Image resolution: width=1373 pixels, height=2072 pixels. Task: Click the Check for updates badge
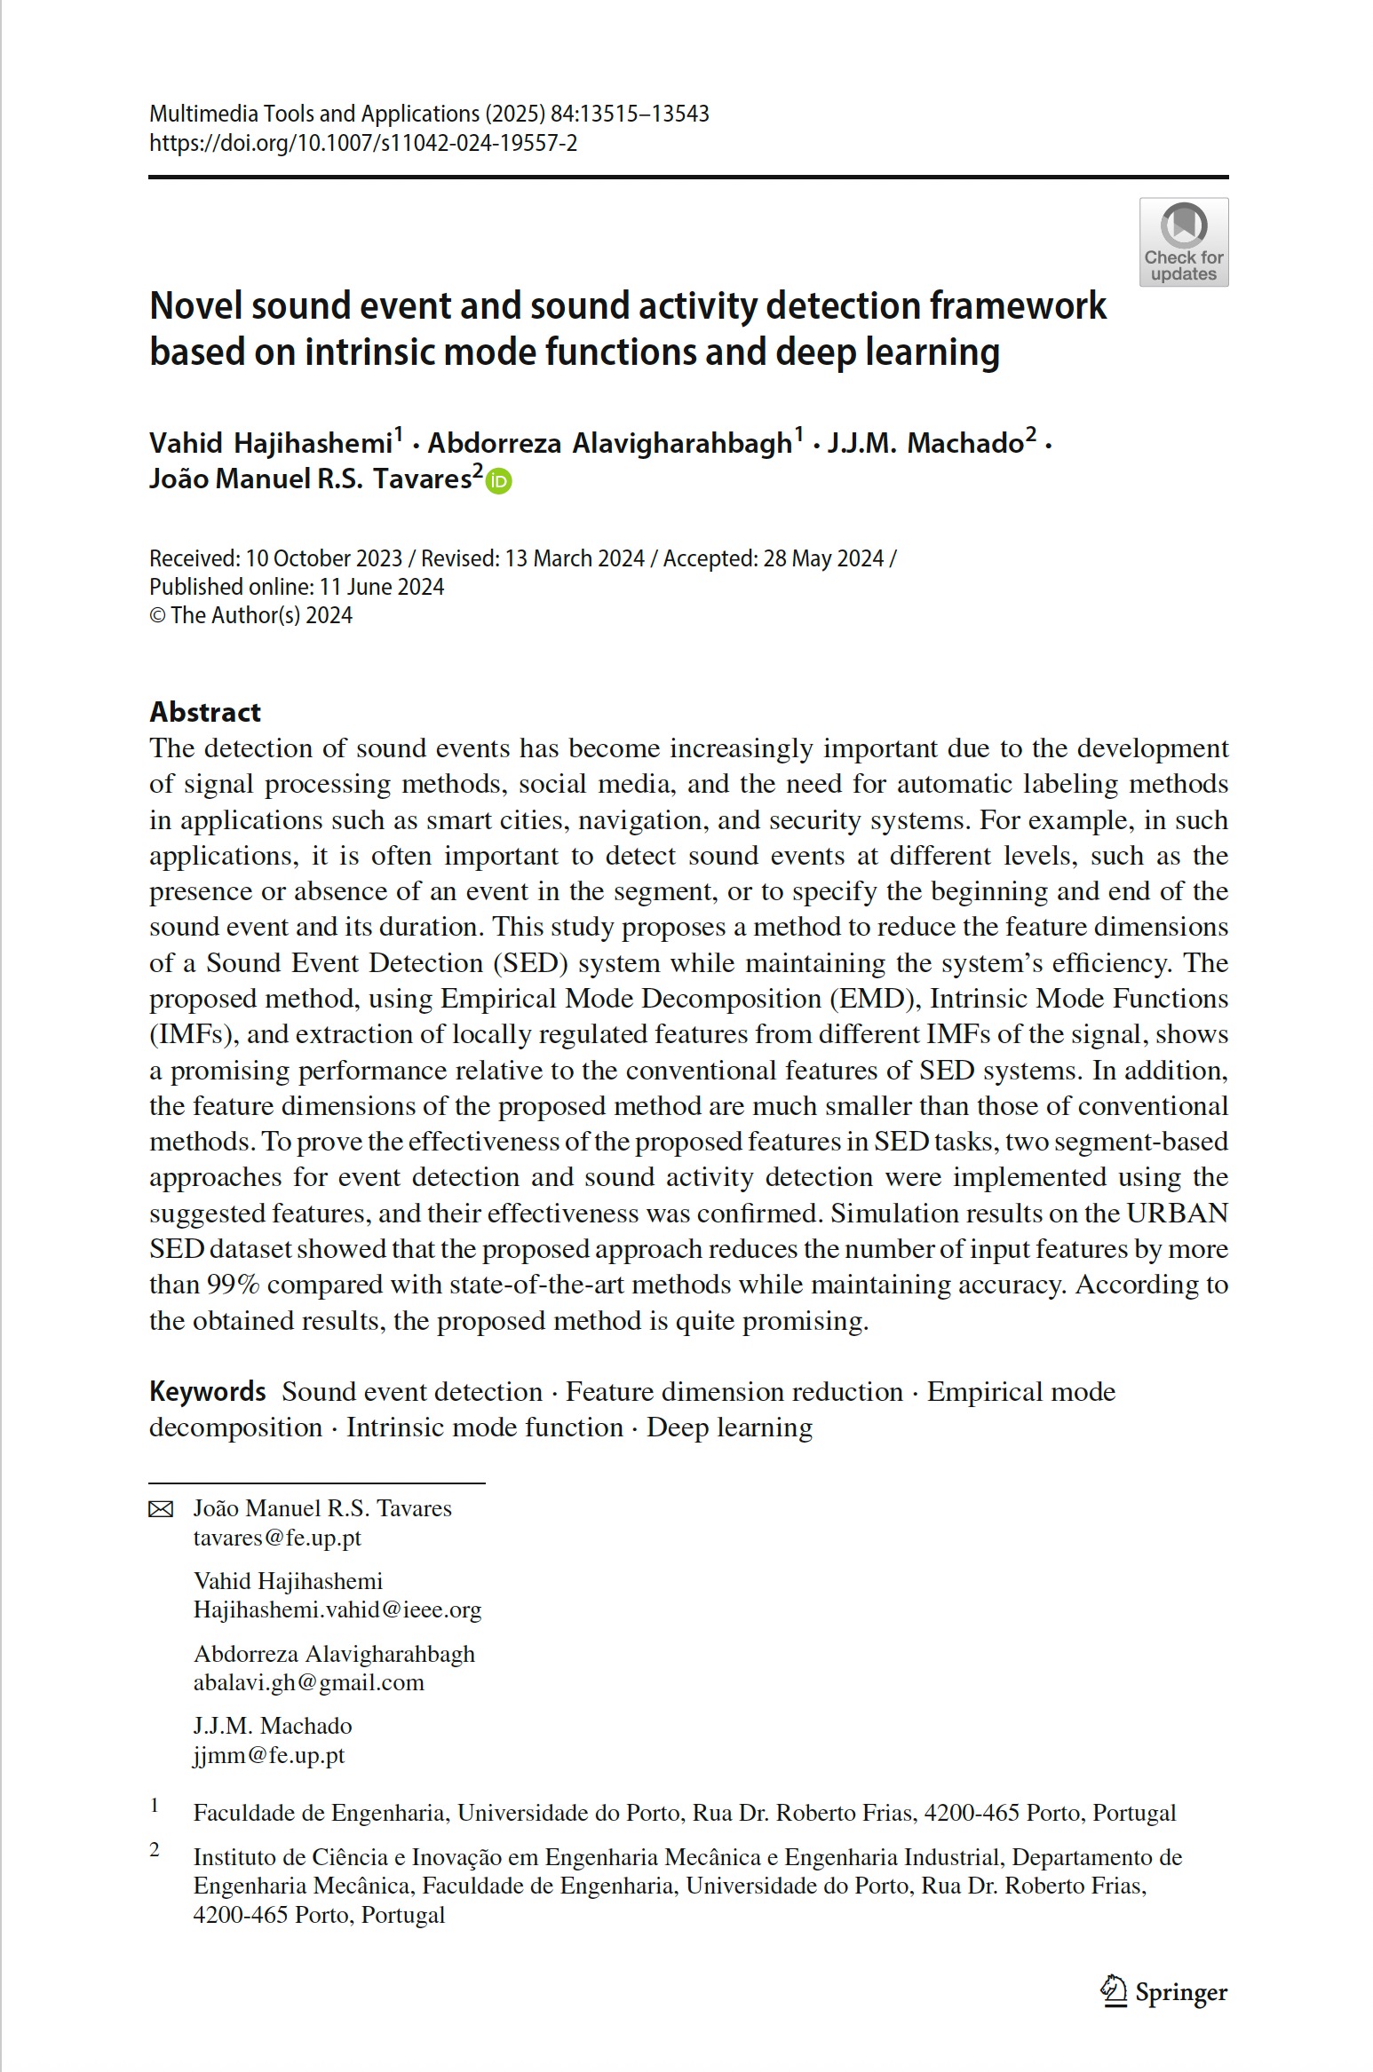(x=1183, y=242)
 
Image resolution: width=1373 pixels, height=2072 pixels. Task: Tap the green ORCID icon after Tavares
(x=499, y=481)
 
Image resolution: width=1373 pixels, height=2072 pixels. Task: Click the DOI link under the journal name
(x=362, y=143)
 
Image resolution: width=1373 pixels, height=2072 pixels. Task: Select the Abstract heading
(x=205, y=711)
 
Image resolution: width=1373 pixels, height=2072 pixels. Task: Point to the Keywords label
(x=207, y=1391)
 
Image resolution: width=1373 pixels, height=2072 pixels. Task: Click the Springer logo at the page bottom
(x=1164, y=1991)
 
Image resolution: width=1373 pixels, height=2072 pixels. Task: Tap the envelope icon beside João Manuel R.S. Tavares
(x=161, y=1509)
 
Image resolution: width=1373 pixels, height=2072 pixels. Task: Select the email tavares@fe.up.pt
(x=277, y=1537)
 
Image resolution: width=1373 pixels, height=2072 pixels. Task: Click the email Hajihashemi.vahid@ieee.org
(x=337, y=1609)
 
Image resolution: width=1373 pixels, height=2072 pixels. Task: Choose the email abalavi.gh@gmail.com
(x=308, y=1681)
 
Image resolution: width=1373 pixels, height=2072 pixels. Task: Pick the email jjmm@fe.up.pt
(x=268, y=1754)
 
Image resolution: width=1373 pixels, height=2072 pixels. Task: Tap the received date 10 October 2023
(x=323, y=558)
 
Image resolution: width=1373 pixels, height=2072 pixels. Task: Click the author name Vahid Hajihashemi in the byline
(x=270, y=442)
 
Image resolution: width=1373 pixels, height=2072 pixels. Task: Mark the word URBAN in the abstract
(x=1177, y=1213)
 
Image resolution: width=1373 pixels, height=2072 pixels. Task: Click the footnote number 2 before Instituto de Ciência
(x=155, y=1850)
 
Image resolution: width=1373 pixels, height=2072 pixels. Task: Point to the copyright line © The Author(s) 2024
(x=250, y=615)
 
